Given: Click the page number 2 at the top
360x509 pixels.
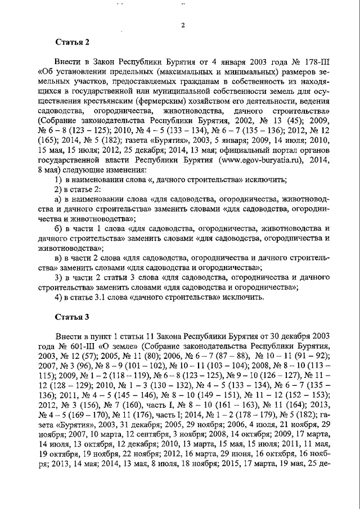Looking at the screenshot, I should point(183,25).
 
